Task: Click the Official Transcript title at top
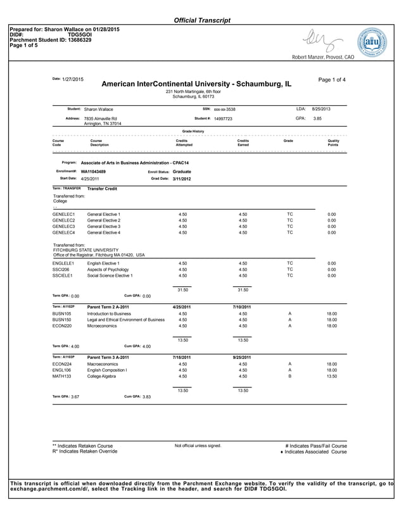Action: (202, 20)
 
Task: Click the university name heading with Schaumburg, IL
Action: (196, 84)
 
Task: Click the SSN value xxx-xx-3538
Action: (224, 110)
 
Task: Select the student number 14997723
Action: (223, 118)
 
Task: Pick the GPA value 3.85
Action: (318, 118)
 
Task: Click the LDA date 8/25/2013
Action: (321, 109)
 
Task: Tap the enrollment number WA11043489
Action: (93, 171)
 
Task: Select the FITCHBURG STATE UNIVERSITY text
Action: (86, 249)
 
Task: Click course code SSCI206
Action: (61, 269)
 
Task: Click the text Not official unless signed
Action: (198, 446)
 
